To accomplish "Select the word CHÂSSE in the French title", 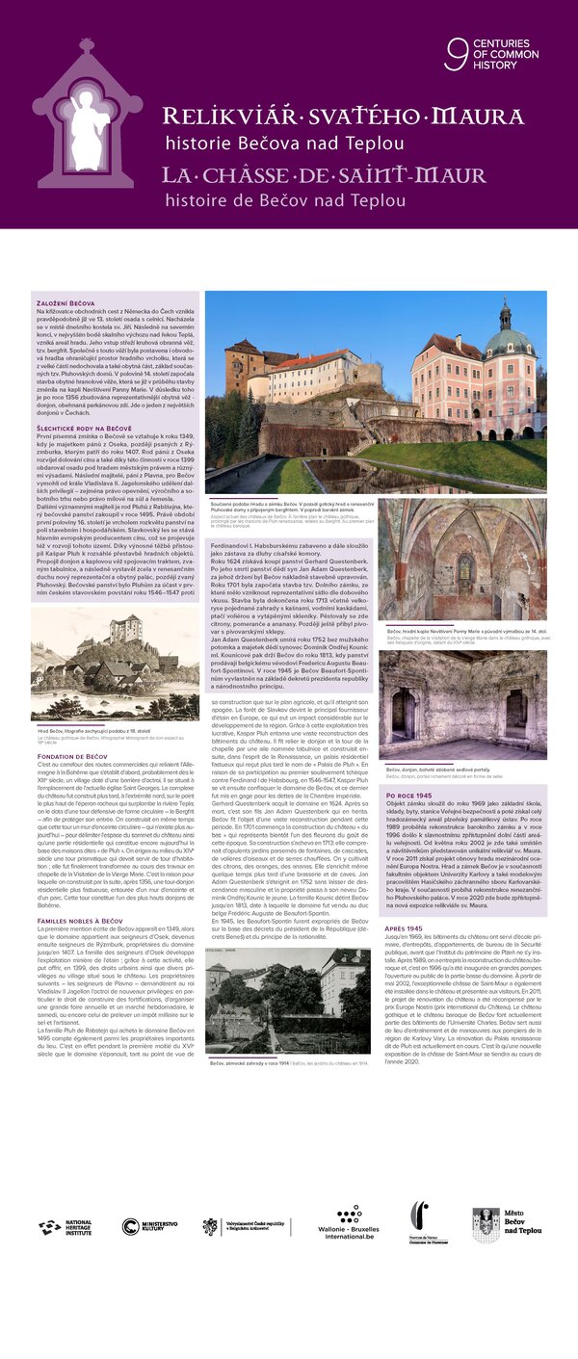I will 251,177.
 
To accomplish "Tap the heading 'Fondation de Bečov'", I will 70,757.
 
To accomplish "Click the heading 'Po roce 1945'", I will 408,796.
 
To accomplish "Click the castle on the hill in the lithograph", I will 133,636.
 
